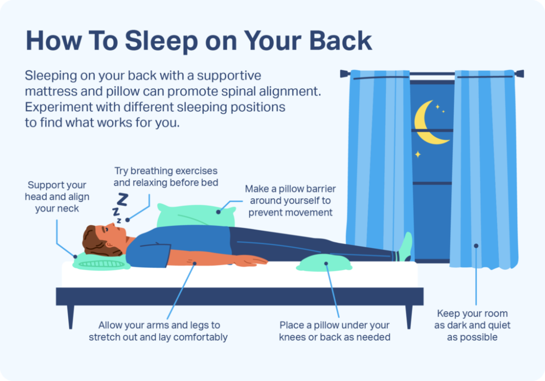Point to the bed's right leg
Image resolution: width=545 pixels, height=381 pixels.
tap(408, 316)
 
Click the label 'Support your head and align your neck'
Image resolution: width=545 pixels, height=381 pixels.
tap(57, 196)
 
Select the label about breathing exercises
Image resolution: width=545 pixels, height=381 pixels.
tap(166, 177)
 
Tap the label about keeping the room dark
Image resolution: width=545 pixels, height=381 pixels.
tap(473, 325)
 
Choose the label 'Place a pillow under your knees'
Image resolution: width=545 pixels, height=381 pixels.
tap(335, 331)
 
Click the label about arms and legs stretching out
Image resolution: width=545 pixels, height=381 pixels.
tap(159, 331)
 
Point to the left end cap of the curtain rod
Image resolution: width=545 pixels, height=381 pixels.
tap(343, 73)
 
